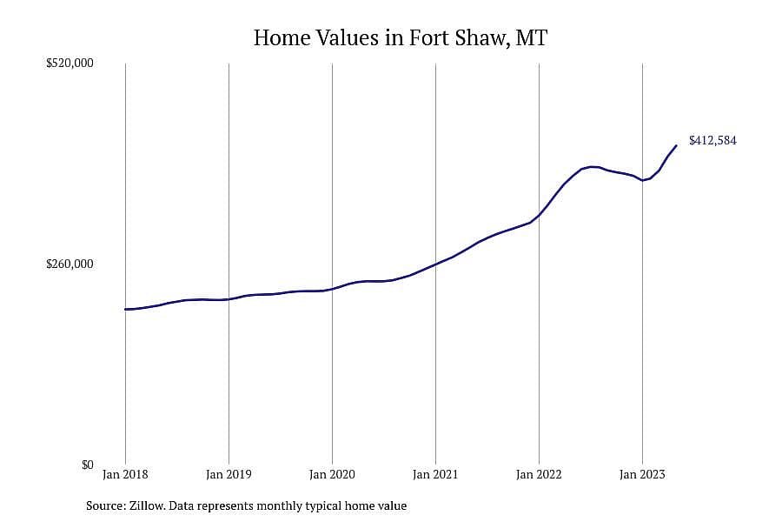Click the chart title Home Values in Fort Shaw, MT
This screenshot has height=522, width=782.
[x=401, y=38]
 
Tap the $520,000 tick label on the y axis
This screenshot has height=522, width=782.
[x=70, y=63]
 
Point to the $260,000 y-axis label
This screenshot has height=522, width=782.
[x=70, y=264]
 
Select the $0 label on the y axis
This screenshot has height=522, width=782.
[x=87, y=465]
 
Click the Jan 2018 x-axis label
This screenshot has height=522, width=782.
[x=125, y=474]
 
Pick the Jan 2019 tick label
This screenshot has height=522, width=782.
[x=229, y=474]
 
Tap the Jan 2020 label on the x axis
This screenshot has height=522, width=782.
[x=332, y=474]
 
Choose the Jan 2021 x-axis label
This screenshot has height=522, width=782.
[x=435, y=474]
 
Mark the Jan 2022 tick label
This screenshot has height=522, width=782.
[x=539, y=474]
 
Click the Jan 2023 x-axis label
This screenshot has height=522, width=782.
[x=642, y=474]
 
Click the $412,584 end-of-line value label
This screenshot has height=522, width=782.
[x=712, y=140]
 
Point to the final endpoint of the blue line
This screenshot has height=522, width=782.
[x=676, y=145]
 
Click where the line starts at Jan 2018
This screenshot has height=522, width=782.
[x=126, y=309]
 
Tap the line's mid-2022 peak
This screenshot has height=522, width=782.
[x=592, y=167]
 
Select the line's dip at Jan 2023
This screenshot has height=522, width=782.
[x=643, y=180]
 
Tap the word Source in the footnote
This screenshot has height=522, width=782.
[x=106, y=505]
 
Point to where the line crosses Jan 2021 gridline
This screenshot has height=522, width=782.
[x=435, y=264]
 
